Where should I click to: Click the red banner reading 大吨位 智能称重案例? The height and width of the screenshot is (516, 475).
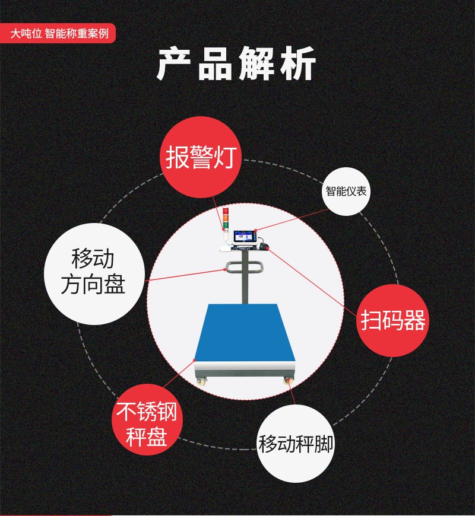click(x=58, y=33)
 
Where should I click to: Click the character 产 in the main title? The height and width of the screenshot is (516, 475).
click(x=173, y=63)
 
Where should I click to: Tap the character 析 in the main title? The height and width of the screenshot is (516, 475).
click(x=298, y=63)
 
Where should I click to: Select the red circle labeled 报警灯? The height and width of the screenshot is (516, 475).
click(x=201, y=157)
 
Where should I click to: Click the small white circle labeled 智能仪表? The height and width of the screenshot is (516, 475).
click(x=346, y=191)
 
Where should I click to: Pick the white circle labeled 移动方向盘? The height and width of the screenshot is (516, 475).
click(x=94, y=274)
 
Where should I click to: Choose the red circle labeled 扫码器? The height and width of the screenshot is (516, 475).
click(x=392, y=320)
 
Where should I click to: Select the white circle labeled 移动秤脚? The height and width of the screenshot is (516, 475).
click(x=296, y=444)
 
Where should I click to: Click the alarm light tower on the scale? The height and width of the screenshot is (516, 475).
click(x=226, y=220)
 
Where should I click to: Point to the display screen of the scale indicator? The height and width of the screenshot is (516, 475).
click(x=244, y=237)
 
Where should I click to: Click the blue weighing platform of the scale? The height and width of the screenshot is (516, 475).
click(x=245, y=333)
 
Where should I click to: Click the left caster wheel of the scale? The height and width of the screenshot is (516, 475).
click(x=201, y=381)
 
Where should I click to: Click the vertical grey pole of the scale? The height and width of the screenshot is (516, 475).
click(x=245, y=277)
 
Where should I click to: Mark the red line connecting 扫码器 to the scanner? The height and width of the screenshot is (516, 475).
click(x=312, y=282)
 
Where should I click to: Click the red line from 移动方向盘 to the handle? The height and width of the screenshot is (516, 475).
click(x=185, y=275)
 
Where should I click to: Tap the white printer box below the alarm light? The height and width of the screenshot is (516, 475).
click(x=225, y=247)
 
